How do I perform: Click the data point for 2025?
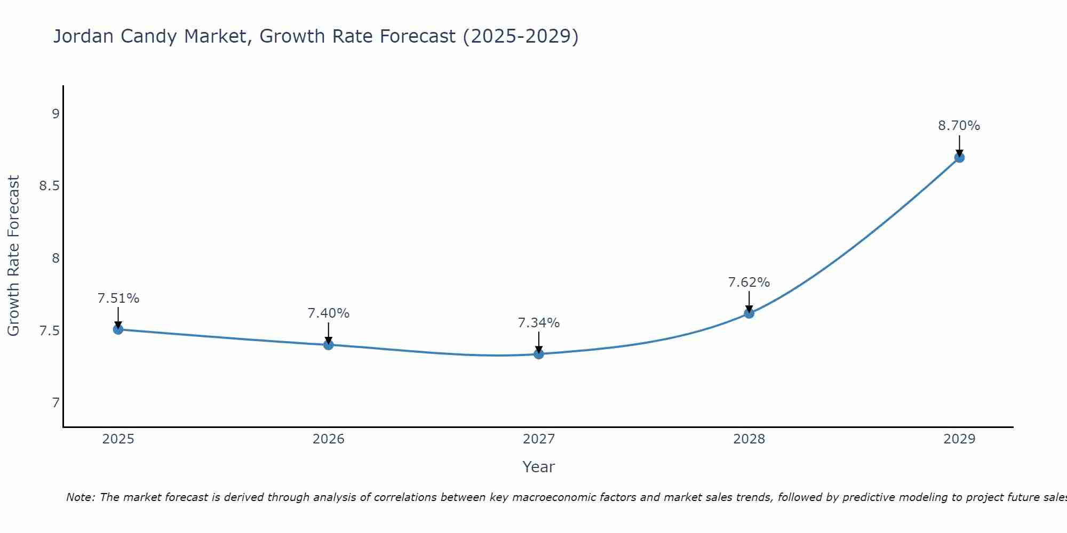click(x=118, y=329)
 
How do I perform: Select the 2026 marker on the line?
click(x=329, y=345)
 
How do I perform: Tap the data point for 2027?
click(x=539, y=354)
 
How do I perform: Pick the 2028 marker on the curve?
click(x=749, y=313)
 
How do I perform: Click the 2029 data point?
click(x=959, y=158)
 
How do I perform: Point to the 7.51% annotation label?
click(x=118, y=298)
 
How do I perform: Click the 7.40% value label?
click(x=329, y=313)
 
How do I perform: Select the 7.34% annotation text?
click(x=539, y=323)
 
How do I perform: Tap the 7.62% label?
click(x=749, y=282)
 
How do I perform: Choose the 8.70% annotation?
click(x=959, y=126)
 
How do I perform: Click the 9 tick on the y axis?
click(x=55, y=114)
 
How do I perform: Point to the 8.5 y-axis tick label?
click(x=50, y=186)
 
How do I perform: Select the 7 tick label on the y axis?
click(x=55, y=403)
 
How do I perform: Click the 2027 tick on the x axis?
click(x=539, y=439)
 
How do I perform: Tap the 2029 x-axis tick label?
click(x=959, y=439)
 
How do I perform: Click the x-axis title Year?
click(x=539, y=467)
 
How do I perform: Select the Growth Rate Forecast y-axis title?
click(x=13, y=256)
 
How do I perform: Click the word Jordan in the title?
click(x=84, y=36)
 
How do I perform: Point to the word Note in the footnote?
click(x=80, y=497)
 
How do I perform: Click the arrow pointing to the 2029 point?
click(x=959, y=145)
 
